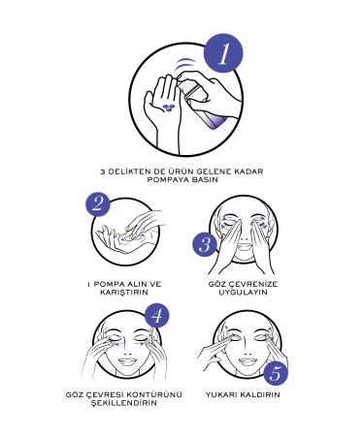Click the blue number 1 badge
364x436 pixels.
(x=223, y=53)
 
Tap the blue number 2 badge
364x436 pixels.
(x=98, y=204)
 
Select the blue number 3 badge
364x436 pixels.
(x=205, y=244)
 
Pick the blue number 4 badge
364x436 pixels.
(x=156, y=315)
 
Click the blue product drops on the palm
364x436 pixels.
(x=168, y=108)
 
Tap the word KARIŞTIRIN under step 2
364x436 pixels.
(x=124, y=293)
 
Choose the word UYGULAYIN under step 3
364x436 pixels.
(x=243, y=293)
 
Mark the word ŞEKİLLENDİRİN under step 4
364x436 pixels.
(x=123, y=403)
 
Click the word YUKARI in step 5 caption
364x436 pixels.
(x=219, y=394)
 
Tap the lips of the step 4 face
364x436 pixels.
(x=127, y=361)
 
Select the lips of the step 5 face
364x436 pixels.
(x=248, y=361)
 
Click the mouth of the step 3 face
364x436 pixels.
(x=245, y=247)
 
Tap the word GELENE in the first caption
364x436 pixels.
(x=206, y=171)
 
